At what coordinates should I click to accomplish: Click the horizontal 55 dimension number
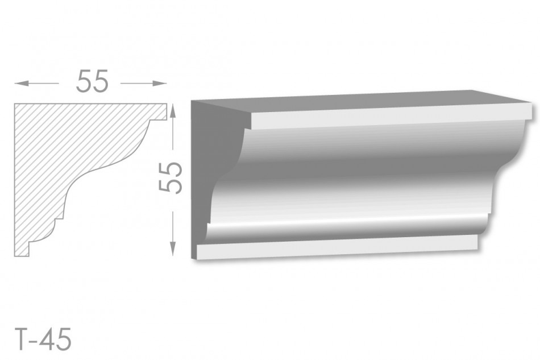[92, 81]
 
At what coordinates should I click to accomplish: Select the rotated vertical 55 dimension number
[170, 177]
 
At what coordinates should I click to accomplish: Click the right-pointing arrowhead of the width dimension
[160, 84]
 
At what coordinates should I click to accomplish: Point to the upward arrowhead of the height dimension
[173, 111]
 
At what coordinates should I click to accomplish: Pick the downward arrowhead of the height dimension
[173, 249]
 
